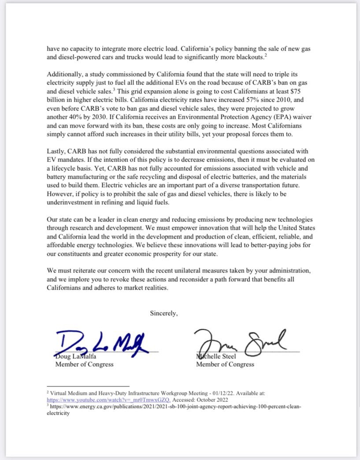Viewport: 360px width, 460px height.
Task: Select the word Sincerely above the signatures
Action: pos(163,313)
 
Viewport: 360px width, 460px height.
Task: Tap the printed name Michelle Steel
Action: pos(216,356)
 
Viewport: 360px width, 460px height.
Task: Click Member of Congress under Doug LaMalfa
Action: pos(84,364)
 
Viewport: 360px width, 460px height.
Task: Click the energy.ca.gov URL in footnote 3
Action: pos(172,408)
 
